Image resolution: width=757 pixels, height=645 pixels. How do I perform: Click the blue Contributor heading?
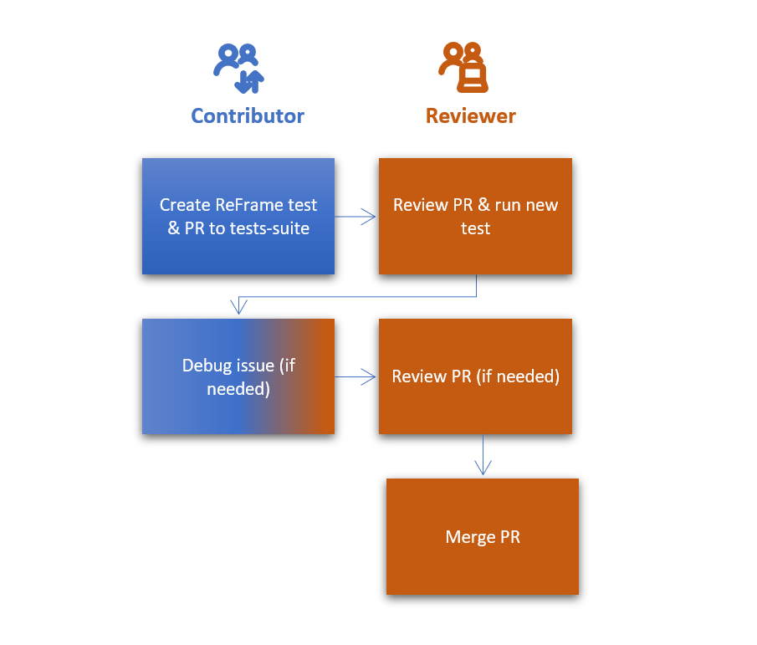[248, 115]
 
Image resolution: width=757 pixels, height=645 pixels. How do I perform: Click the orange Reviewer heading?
[471, 115]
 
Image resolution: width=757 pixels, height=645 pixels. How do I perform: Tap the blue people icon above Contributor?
[238, 68]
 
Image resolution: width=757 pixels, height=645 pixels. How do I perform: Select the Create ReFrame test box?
[238, 216]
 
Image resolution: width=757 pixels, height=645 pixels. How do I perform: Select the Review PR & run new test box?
[475, 216]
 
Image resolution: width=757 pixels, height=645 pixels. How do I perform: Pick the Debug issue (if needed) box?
[238, 376]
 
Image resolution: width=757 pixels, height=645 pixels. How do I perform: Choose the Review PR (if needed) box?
[475, 376]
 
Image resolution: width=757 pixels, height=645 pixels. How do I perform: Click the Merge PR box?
[483, 536]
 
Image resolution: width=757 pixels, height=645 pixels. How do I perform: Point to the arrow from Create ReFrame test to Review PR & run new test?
[356, 217]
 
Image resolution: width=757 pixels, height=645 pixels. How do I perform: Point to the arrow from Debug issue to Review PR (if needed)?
[356, 377]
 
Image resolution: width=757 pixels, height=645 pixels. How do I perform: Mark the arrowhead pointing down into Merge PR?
[483, 468]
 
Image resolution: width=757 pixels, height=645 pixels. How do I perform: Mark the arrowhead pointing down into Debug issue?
[239, 308]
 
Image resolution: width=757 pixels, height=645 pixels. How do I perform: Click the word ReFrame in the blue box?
[248, 205]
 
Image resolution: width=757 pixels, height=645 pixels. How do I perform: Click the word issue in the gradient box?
[255, 366]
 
